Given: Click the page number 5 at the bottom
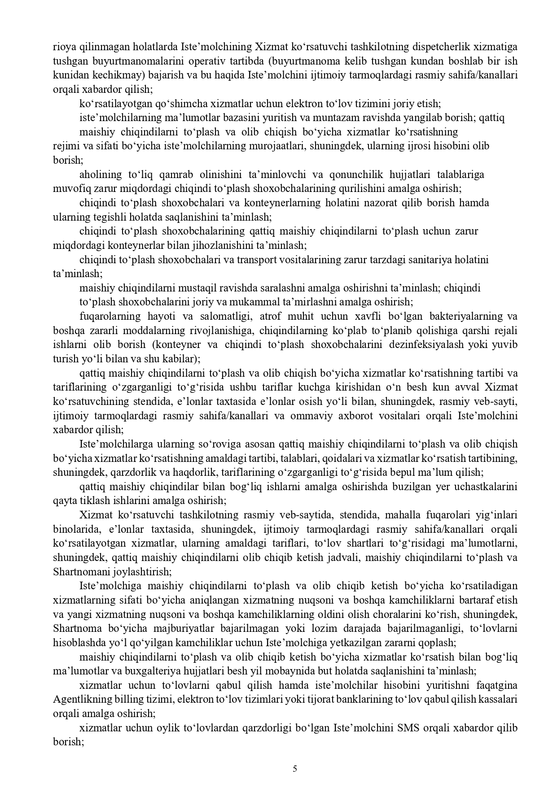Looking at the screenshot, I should pos(295,769).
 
